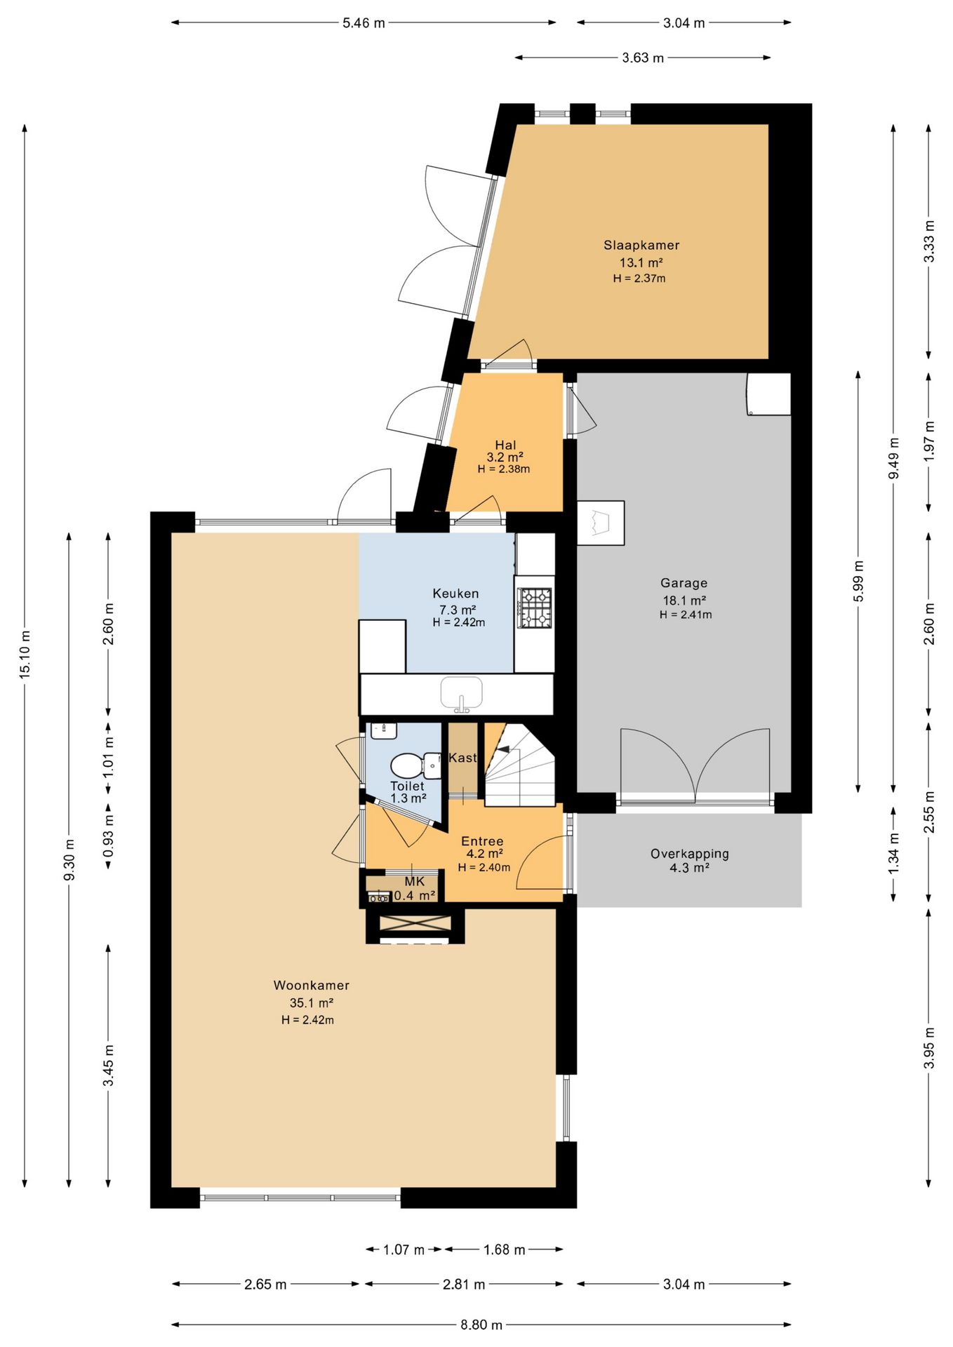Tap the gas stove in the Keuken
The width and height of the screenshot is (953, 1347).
coord(535,608)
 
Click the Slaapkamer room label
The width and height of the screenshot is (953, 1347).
coord(641,246)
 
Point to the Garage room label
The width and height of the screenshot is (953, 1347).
coord(684,583)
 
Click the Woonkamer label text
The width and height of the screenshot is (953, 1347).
coord(311,985)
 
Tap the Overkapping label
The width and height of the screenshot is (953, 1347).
coord(689,854)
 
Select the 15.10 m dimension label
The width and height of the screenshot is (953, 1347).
coord(25,654)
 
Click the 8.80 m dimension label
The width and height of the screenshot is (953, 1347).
coord(481,1325)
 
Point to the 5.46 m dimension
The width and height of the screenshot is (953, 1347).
coord(364,23)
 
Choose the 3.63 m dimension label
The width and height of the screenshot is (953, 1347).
coord(643,58)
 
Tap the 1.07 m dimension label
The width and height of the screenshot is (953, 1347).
coord(404,1249)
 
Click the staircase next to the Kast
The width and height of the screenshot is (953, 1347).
coord(520,765)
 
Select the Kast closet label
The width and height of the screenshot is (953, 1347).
coord(462,758)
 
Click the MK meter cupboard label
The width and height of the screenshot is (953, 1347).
coord(414,881)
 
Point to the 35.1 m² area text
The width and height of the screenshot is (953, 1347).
coord(311,1003)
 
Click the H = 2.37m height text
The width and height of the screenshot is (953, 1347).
coord(639,279)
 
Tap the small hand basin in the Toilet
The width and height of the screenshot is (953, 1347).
coord(383,730)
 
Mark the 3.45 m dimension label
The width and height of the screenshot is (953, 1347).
coord(109,1065)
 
